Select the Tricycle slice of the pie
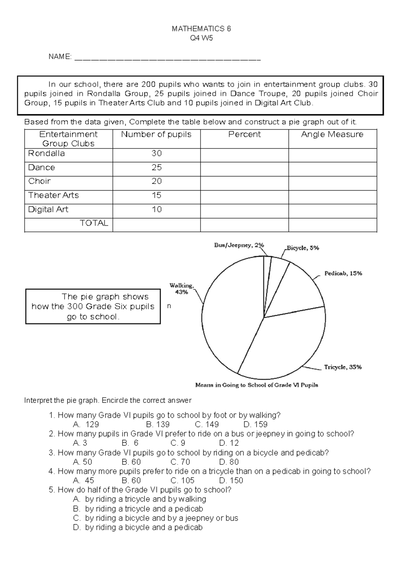[x=285, y=346]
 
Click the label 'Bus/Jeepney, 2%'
[x=239, y=245]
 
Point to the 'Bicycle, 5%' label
[x=303, y=248]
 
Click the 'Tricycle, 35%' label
[x=343, y=367]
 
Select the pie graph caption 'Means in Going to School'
[x=257, y=385]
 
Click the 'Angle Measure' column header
[x=332, y=134]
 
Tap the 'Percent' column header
[x=244, y=134]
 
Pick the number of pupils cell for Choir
[x=156, y=181]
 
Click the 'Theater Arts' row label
[x=53, y=195]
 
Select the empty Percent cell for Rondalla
[x=244, y=155]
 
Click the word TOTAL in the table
[x=94, y=223]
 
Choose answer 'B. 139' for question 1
[x=158, y=424]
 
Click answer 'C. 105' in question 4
[x=182, y=481]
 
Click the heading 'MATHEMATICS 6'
[x=201, y=29]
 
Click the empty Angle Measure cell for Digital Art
[x=332, y=211]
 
